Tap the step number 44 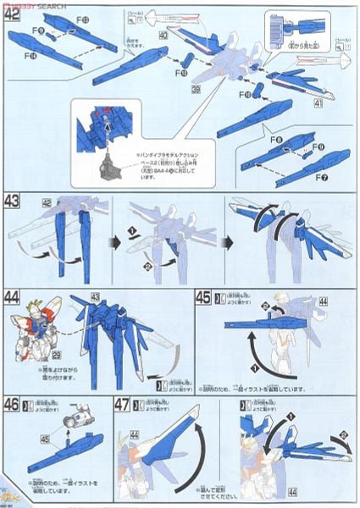pos(14,297)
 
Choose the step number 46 pos(14,403)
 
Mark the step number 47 pos(125,404)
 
